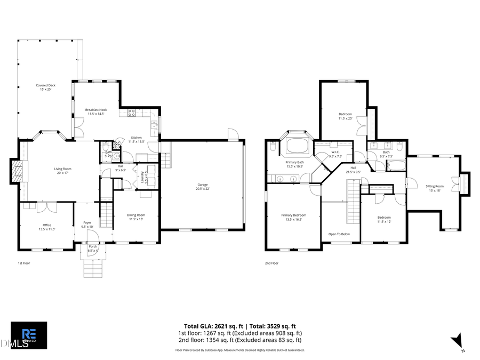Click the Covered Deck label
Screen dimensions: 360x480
point(45,87)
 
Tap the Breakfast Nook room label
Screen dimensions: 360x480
point(96,111)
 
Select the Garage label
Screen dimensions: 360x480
point(202,187)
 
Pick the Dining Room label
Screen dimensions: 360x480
point(136,217)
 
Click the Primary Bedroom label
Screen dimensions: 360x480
point(294,217)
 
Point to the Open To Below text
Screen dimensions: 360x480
point(339,234)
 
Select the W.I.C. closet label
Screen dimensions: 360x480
point(335,155)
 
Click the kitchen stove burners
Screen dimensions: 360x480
point(131,113)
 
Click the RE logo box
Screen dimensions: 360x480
point(29,335)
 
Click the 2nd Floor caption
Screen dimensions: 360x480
point(271,263)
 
